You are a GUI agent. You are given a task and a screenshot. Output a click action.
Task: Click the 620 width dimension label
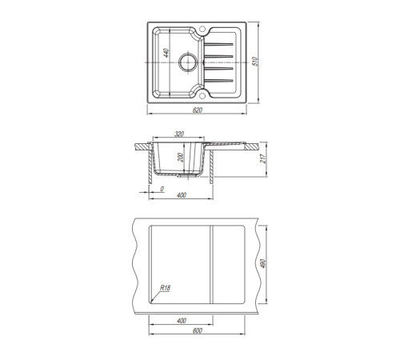pyautogui.click(x=198, y=110)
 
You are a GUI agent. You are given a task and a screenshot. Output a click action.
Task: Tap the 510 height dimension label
pyautogui.click(x=255, y=62)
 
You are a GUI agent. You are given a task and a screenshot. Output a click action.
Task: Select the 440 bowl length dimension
pyautogui.click(x=166, y=53)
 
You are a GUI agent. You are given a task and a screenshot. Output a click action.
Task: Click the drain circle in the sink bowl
pyautogui.click(x=188, y=62)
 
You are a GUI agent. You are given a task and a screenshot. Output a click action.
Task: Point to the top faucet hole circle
pyautogui.click(x=202, y=28)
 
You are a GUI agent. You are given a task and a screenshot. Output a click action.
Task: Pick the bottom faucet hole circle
pyautogui.click(x=202, y=95)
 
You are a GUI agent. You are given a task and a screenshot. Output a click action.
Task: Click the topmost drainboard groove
pyautogui.click(x=218, y=44)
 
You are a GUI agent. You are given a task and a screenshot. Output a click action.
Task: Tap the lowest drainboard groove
pyautogui.click(x=218, y=81)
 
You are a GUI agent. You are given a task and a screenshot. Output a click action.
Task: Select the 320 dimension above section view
pyautogui.click(x=179, y=134)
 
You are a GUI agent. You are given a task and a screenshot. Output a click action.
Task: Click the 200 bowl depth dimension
pyautogui.click(x=181, y=158)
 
